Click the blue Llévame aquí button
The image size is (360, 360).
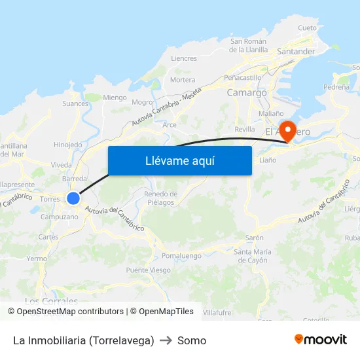click(x=179, y=160)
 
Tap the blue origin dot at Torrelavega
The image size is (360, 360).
click(x=73, y=198)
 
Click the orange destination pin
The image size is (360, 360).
click(x=287, y=130)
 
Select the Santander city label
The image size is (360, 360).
click(x=296, y=51)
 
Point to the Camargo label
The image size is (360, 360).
click(x=247, y=93)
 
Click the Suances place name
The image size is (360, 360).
click(x=75, y=103)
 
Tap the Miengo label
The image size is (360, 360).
click(x=115, y=98)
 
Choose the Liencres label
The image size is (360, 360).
click(x=183, y=58)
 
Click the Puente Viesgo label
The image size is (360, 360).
click(x=149, y=270)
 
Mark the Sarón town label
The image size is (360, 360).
click(x=254, y=238)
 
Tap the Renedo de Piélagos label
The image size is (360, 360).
click(x=160, y=198)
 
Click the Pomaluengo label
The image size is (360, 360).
click(x=183, y=254)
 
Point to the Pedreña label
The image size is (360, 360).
click(x=336, y=86)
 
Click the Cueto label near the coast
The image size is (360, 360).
click(x=307, y=28)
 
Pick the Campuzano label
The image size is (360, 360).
click(x=59, y=217)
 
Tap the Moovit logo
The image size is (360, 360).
click(x=321, y=339)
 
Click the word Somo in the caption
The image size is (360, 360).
click(x=192, y=340)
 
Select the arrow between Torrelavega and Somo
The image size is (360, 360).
click(x=166, y=340)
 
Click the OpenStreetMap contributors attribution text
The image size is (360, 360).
click(x=70, y=312)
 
